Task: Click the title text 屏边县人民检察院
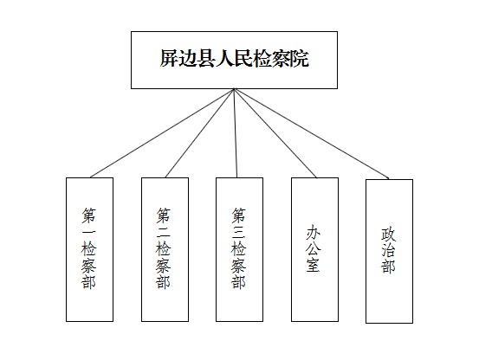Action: click(x=235, y=58)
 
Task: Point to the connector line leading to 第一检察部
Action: click(x=162, y=133)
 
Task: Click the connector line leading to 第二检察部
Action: click(x=200, y=133)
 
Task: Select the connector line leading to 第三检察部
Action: click(x=236, y=133)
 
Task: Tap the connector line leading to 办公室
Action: click(x=275, y=133)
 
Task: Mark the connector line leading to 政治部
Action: click(x=312, y=133)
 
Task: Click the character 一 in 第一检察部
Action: click(x=88, y=232)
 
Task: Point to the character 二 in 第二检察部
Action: click(x=164, y=232)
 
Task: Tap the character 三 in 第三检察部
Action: click(x=238, y=232)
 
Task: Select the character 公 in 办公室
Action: click(x=314, y=248)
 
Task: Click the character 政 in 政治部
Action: click(x=388, y=234)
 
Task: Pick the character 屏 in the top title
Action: click(x=169, y=58)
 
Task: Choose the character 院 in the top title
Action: click(x=300, y=58)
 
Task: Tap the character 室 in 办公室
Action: click(x=314, y=265)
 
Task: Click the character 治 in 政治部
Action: click(x=388, y=250)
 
